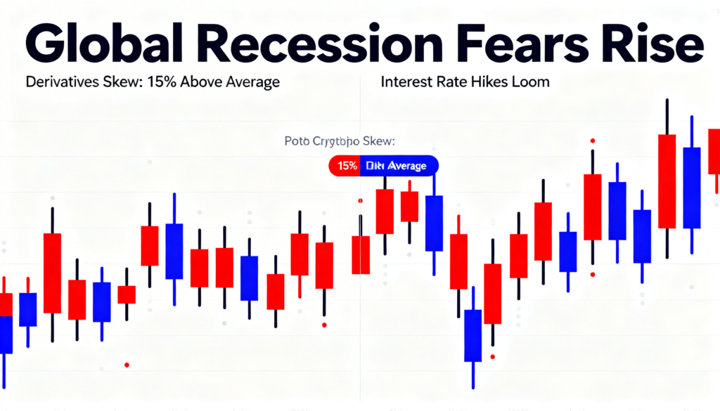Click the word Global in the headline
click(84, 47)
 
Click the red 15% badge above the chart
click(345, 166)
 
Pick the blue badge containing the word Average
click(398, 166)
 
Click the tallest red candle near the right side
click(667, 181)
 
